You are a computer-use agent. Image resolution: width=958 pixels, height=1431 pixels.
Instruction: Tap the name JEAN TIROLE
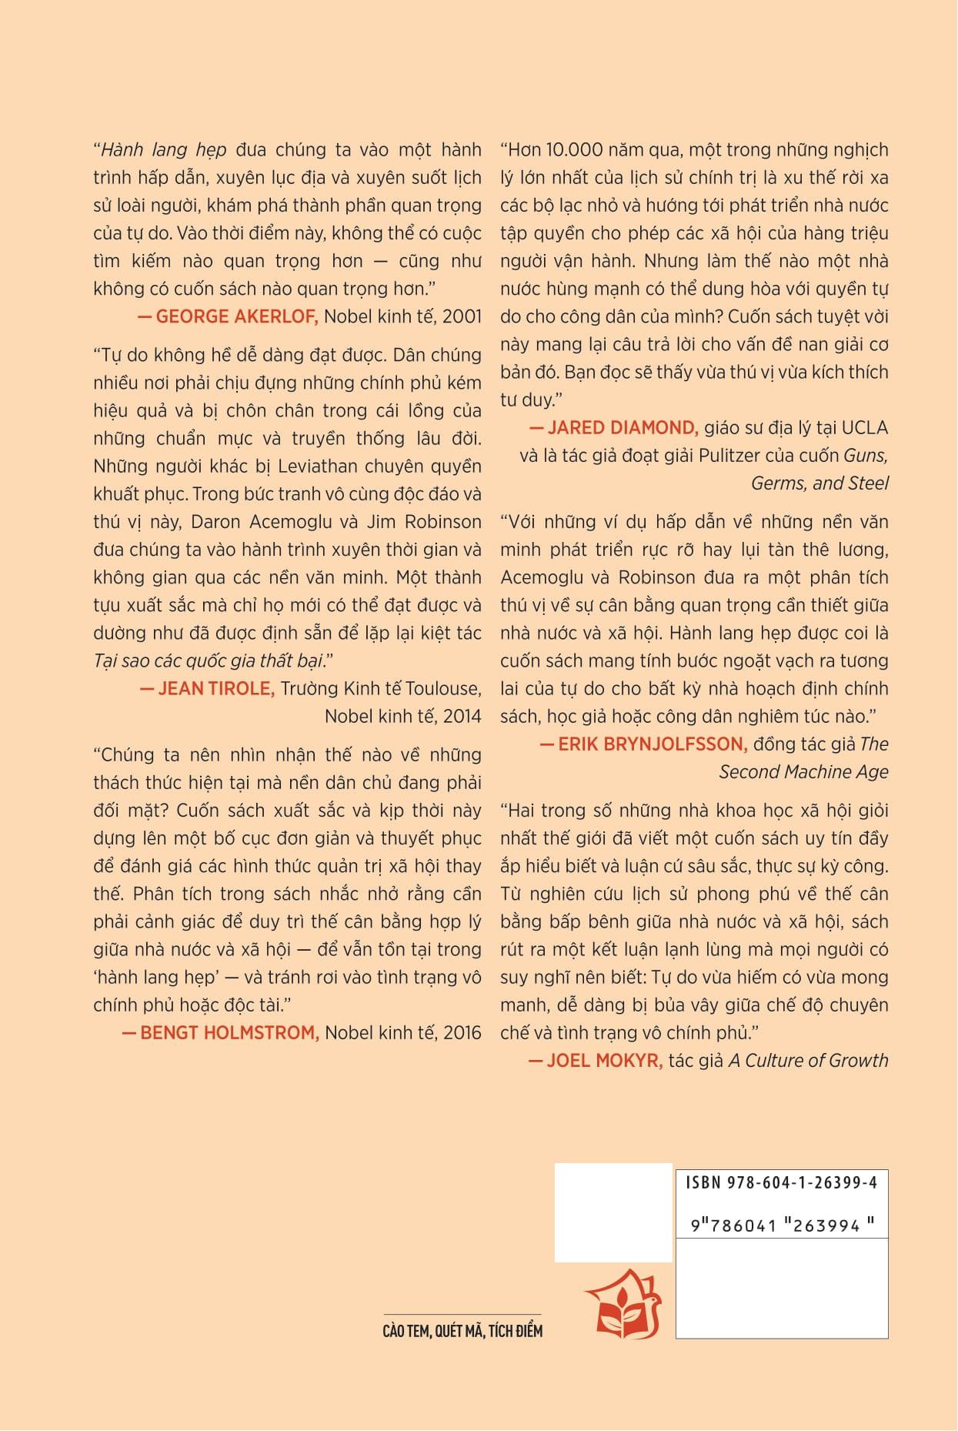tap(216, 688)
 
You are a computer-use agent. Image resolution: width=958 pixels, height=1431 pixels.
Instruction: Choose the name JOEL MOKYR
tap(604, 1060)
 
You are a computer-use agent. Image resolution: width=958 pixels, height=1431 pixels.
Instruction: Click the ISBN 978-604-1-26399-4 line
tap(781, 1182)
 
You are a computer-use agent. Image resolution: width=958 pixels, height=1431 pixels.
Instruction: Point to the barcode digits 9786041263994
tap(781, 1225)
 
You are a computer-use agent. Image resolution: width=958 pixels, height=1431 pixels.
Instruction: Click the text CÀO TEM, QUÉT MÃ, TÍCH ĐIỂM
tap(462, 1331)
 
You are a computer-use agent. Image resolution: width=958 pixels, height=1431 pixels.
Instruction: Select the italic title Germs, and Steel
tap(819, 483)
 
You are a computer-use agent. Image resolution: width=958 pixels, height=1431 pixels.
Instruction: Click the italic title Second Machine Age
tap(803, 771)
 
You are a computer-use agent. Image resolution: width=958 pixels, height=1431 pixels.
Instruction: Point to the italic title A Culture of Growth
tap(808, 1060)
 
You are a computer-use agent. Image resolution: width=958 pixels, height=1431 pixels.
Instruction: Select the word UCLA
tap(865, 427)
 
